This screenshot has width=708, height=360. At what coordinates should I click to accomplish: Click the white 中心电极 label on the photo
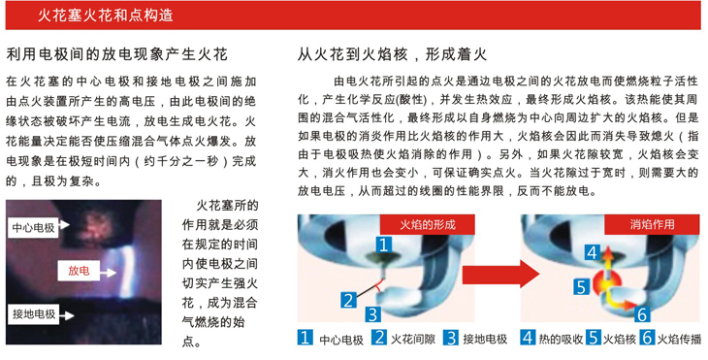coord(34,227)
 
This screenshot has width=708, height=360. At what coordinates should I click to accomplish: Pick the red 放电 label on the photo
coord(80,270)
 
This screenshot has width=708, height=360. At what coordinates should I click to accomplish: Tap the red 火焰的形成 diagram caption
coord(423,225)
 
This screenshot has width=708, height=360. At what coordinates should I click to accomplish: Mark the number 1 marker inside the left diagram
coord(384,246)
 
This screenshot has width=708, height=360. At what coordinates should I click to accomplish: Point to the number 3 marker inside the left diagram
coord(373,314)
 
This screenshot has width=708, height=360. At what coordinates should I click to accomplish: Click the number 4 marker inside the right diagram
coord(591,254)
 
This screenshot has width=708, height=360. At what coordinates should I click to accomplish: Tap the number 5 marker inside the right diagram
coord(580,286)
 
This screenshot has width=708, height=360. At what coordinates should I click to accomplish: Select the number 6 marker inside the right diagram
coord(643,313)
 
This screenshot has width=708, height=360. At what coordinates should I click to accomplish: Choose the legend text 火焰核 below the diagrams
coord(621,340)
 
